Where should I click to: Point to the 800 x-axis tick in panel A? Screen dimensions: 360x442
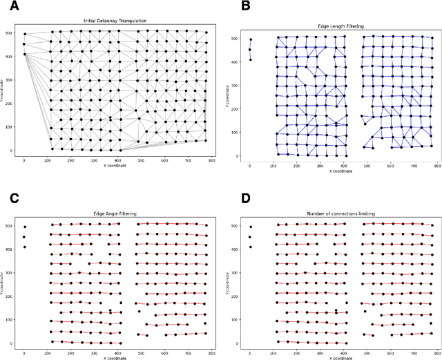[211, 159]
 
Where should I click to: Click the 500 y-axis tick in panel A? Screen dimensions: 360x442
[8, 32]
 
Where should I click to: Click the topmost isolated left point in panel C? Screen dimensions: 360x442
[24, 227]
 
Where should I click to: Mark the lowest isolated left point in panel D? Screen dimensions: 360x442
[251, 247]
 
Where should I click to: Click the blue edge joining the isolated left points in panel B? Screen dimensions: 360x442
[251, 50]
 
